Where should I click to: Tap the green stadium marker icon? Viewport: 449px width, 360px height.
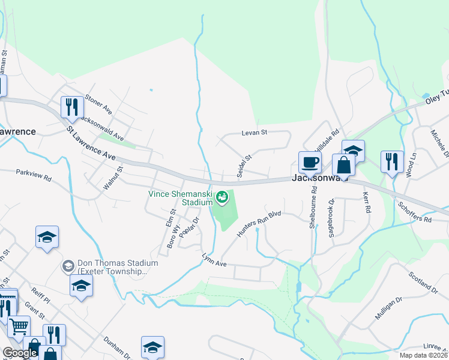click(x=223, y=196)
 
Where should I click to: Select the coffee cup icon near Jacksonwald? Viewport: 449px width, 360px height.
click(x=310, y=161)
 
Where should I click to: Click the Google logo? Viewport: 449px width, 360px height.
click(x=20, y=353)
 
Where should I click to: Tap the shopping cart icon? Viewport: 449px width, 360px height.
click(x=19, y=326)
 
